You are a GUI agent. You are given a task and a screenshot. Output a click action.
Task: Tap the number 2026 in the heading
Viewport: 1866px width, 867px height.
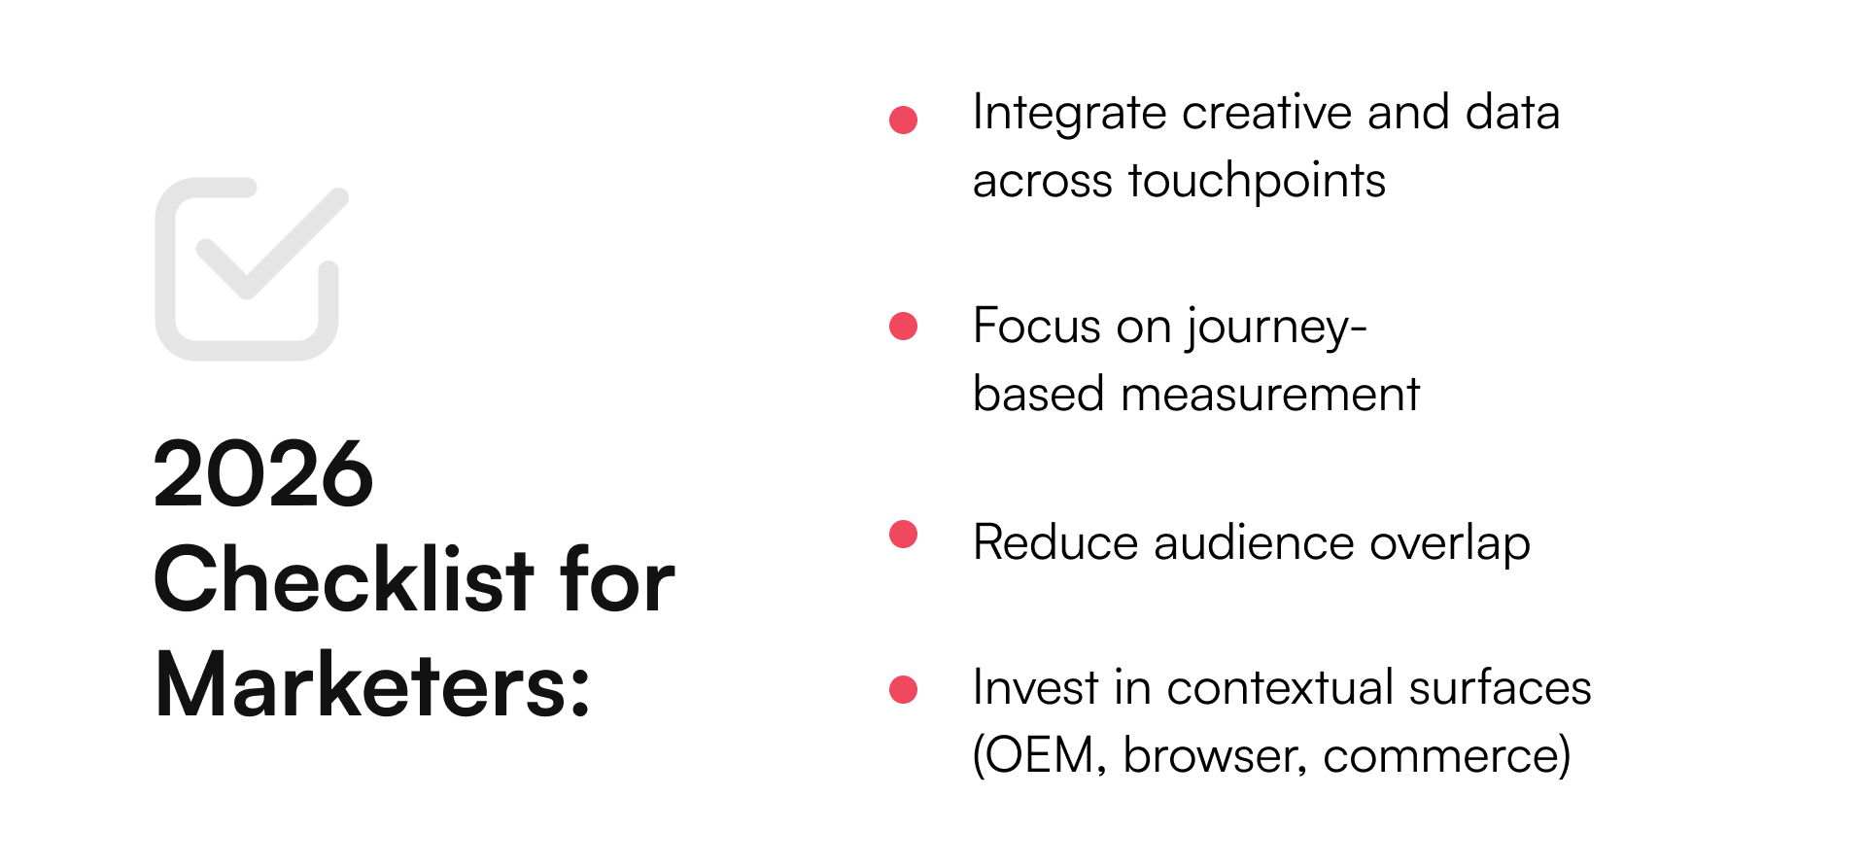click(x=263, y=474)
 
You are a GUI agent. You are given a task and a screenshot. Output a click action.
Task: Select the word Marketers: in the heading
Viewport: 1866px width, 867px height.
click(x=373, y=686)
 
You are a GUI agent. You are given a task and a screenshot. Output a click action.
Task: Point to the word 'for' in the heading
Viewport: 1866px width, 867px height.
click(x=618, y=580)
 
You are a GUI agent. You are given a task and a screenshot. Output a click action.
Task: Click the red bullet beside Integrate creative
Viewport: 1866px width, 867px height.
click(x=904, y=120)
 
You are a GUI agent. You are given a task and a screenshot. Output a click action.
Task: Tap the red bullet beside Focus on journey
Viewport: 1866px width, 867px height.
click(x=904, y=326)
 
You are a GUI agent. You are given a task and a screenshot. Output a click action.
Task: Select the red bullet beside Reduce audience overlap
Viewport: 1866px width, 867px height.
click(x=904, y=535)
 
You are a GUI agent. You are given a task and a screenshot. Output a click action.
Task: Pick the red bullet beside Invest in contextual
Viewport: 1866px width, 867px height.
click(x=904, y=689)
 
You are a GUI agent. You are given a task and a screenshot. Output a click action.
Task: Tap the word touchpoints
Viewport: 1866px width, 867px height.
click(x=1257, y=182)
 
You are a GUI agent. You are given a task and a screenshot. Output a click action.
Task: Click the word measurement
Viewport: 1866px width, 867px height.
click(x=1270, y=395)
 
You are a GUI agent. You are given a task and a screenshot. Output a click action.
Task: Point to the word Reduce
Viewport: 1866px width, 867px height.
click(x=1054, y=542)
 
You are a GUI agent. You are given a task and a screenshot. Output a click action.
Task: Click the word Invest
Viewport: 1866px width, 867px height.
click(x=1035, y=688)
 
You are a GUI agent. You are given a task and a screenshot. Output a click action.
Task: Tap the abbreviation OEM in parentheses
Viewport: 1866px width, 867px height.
click(x=1038, y=756)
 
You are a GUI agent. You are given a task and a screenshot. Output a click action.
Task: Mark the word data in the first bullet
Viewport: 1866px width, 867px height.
click(x=1512, y=113)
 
